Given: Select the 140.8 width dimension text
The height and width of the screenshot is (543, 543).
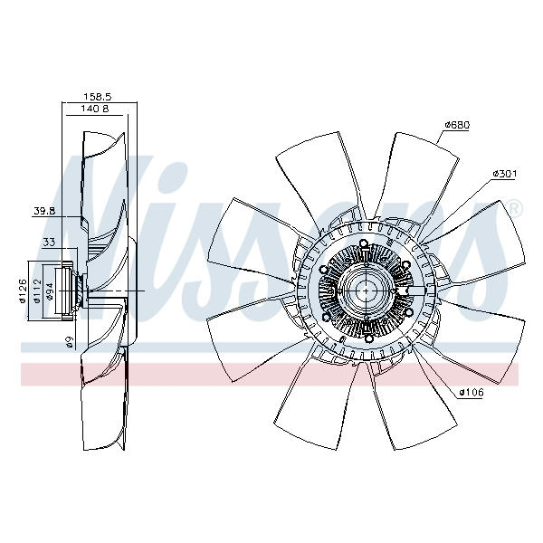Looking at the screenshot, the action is tap(94, 109).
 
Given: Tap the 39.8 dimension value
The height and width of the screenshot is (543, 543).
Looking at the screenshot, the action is tap(44, 211).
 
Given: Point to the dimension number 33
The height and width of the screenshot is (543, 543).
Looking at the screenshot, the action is tap(49, 242).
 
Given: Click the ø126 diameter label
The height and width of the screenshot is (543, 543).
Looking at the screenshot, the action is tap(23, 291).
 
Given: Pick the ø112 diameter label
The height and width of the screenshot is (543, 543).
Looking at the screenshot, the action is tap(37, 291).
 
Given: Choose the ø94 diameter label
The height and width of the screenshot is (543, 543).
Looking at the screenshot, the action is tap(50, 291).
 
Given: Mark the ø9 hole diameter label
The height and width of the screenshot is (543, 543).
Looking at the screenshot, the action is tap(71, 342).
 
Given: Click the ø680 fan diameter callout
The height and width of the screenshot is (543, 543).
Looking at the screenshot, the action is tap(457, 125).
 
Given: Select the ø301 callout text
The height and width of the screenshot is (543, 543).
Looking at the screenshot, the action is tap(505, 174).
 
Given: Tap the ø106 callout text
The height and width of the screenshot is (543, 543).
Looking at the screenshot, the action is tap(472, 393).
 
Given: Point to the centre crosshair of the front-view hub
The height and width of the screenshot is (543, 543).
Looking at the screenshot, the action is tap(367, 291).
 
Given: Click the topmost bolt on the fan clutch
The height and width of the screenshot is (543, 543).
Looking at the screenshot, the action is tap(364, 243).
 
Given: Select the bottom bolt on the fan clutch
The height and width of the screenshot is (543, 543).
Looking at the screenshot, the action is tap(369, 338).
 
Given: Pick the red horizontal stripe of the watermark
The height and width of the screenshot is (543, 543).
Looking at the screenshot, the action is tap(270, 375).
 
